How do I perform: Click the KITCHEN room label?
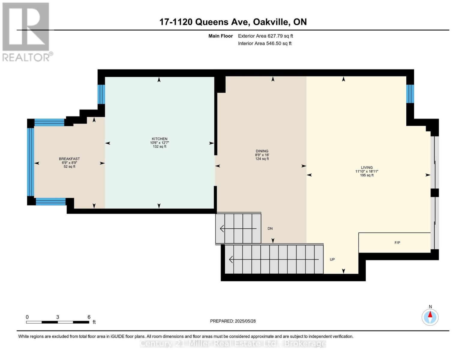tap(159, 139)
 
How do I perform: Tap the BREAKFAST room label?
tap(69, 159)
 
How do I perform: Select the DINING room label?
tap(262, 151)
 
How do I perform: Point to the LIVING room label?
tap(367, 167)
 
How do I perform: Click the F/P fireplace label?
tap(397, 242)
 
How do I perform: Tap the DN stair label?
tap(270, 228)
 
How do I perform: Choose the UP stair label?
tap(332, 259)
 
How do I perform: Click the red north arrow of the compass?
tap(430, 314)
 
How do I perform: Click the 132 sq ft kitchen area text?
tap(159, 146)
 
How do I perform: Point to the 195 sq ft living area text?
tap(367, 175)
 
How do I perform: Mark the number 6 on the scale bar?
tap(89, 317)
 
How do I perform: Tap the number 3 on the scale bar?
tap(58, 317)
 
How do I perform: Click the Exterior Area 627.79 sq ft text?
tap(265, 36)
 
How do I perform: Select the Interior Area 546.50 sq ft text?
tap(265, 43)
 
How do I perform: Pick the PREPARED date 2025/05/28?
tap(245, 321)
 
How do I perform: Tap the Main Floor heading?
tap(221, 36)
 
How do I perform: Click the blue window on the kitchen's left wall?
tap(101, 94)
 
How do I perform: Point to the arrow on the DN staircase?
tap(238, 229)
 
